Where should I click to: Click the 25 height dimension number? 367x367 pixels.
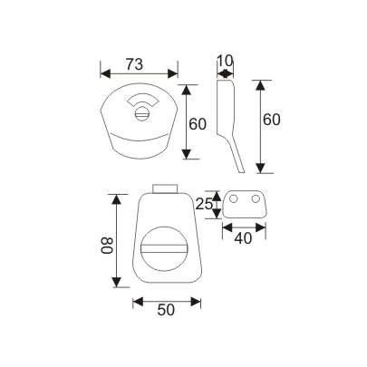coord(205,206)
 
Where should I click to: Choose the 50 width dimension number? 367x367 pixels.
coord(165,311)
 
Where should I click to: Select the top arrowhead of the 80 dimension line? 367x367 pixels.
coord(115,197)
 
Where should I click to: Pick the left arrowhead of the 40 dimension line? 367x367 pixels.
coord(225,227)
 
